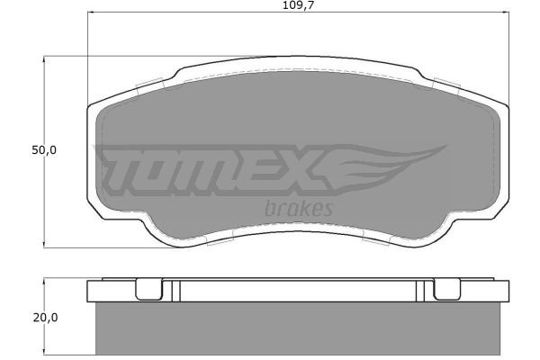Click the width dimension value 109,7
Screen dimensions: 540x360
pos(299,5)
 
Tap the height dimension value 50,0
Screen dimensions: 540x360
pos(44,150)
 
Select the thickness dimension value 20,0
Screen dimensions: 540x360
pos(46,318)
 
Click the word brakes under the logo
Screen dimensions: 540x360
pos(299,209)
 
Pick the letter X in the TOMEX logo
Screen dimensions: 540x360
pos(299,169)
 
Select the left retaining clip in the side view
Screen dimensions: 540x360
pos(148,289)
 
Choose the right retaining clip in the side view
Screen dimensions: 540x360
pos(446,289)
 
